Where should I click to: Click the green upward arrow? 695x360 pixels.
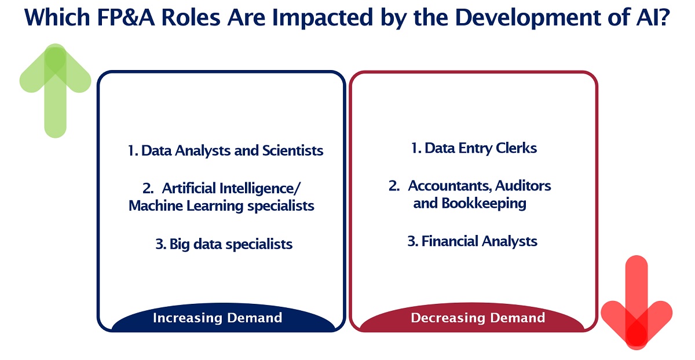coord(55,93)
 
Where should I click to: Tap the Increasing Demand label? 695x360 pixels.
coord(218,318)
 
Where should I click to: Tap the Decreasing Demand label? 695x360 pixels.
coord(478,318)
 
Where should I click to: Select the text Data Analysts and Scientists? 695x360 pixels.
coord(232,150)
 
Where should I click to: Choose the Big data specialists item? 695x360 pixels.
coord(231,244)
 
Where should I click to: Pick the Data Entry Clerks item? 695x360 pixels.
coord(481,148)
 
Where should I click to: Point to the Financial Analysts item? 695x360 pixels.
coord(479,241)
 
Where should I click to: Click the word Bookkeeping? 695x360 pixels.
coord(484,204)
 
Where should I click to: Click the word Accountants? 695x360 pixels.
coord(450,186)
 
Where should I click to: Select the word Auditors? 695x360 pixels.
coord(523,186)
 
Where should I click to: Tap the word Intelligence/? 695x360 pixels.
coord(260,189)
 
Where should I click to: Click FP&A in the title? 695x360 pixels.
coord(126,17)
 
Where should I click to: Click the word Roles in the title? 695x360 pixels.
coord(191,17)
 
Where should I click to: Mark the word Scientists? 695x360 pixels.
coord(293,150)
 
